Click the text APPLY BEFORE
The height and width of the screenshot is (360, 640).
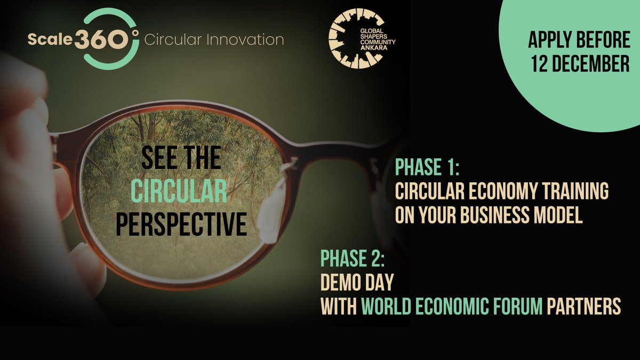[x=579, y=40]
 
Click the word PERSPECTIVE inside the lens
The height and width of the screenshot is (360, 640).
[x=181, y=225]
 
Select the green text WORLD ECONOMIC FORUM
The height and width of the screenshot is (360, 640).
[x=453, y=306]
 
